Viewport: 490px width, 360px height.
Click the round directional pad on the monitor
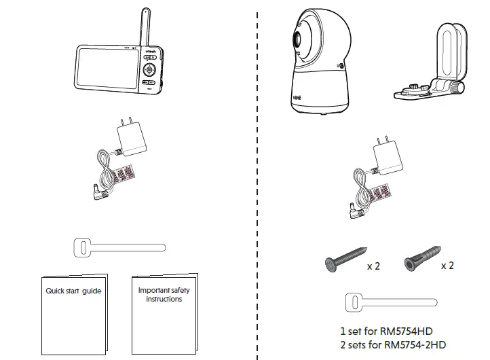tap(150, 69)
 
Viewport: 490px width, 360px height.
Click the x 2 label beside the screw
tap(373, 266)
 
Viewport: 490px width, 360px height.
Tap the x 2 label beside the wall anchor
tap(447, 265)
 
